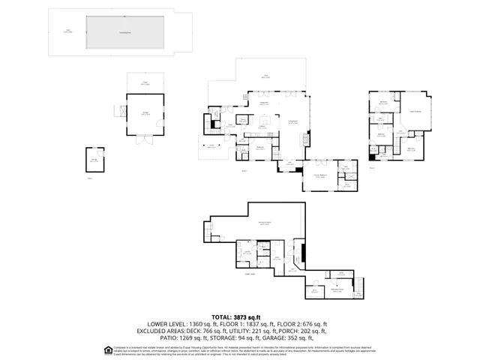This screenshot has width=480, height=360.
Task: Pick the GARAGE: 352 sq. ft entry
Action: click(x=296, y=337)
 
